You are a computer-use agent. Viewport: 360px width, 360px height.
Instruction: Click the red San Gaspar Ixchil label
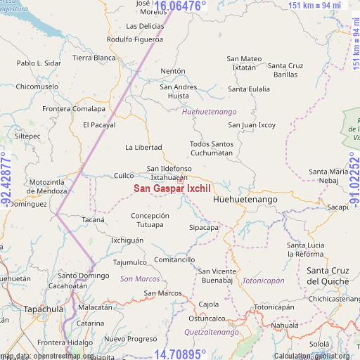point(172,188)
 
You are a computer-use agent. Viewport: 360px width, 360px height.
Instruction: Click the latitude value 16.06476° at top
point(180,6)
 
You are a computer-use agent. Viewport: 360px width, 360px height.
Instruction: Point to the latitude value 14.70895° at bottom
point(180,354)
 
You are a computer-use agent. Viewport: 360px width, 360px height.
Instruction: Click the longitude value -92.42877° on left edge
point(6,179)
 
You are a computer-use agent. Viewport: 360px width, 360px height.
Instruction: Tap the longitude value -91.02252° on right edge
point(354,179)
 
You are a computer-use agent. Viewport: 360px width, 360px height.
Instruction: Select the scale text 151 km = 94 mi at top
point(314,6)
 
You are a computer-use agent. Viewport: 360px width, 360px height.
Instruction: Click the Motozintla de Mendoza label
point(48,186)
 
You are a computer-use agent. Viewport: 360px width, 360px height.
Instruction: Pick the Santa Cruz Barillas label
point(286,70)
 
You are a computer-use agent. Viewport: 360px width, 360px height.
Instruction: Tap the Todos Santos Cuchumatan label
point(211,148)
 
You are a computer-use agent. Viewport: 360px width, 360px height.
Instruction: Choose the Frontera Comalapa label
point(74,109)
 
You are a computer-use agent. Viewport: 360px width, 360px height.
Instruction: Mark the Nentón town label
point(173,71)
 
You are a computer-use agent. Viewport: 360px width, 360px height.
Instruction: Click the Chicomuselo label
point(37,86)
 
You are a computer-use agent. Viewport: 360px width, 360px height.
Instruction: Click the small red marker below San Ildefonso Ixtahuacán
point(180,181)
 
